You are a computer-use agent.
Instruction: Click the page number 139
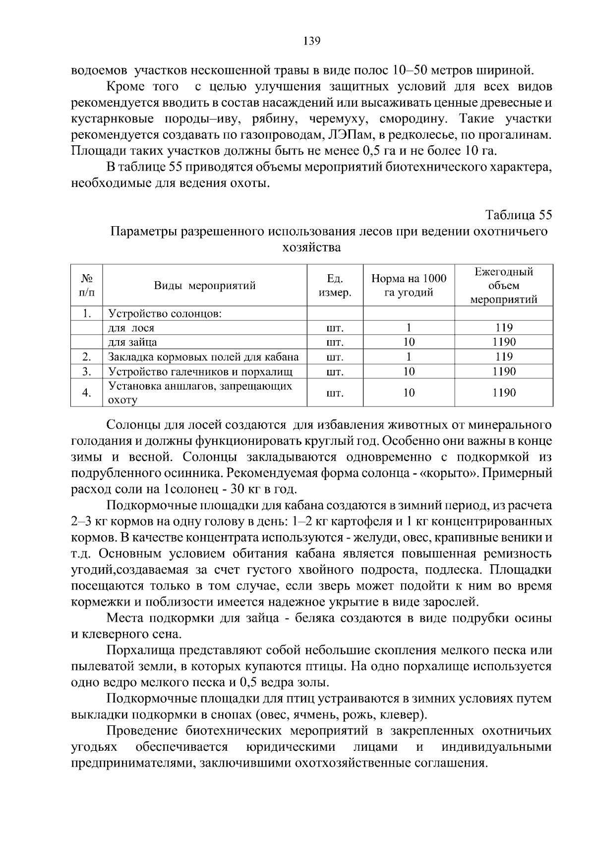pyautogui.click(x=312, y=41)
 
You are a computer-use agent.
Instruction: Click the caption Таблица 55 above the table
pyautogui.click(x=518, y=215)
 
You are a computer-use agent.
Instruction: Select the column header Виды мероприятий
pyautogui.click(x=205, y=286)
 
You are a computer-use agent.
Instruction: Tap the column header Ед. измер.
pyautogui.click(x=335, y=286)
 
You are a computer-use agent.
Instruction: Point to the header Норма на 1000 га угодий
pyautogui.click(x=409, y=286)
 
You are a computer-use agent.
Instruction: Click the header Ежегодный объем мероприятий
pyautogui.click(x=503, y=286)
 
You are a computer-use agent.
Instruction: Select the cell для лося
pyautogui.click(x=131, y=328)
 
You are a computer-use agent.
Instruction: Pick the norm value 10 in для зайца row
pyautogui.click(x=409, y=342)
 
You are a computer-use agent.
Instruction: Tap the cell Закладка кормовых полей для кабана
pyautogui.click(x=203, y=357)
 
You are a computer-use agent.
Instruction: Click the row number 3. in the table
pyautogui.click(x=87, y=371)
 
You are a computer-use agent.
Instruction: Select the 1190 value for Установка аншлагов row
pyautogui.click(x=503, y=393)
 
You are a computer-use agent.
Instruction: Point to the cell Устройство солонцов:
pyautogui.click(x=165, y=314)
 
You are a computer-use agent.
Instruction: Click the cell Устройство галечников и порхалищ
pyautogui.click(x=200, y=371)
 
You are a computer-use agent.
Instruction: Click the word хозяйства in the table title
pyautogui.click(x=311, y=247)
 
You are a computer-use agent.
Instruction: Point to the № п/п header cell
pyautogui.click(x=87, y=286)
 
